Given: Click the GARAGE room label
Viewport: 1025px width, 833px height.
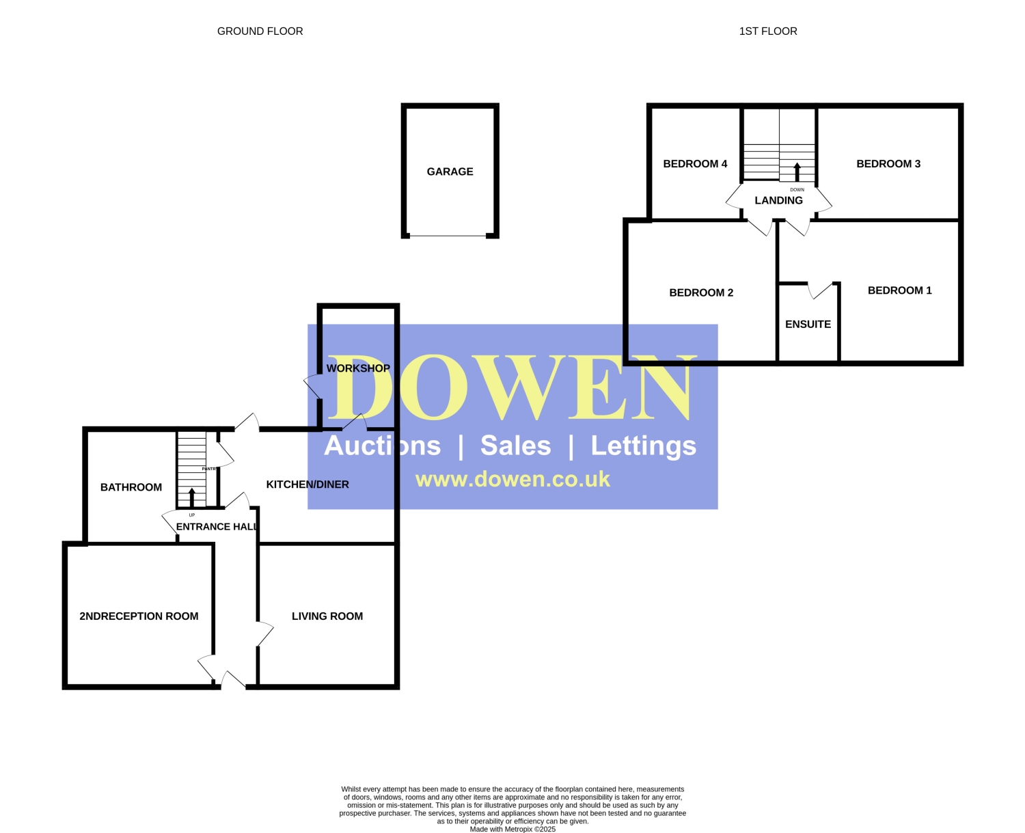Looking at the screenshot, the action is (450, 172).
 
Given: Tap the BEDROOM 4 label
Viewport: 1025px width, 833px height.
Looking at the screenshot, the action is (694, 163).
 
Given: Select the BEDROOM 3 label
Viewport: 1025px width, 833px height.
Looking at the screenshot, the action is (888, 163).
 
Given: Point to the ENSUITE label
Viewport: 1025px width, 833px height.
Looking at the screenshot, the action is (808, 324).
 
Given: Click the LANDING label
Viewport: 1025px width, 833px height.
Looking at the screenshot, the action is (778, 200).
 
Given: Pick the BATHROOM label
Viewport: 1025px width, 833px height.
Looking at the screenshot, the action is (131, 487).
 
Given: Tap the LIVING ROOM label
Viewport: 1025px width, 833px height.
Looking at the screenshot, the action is (327, 616).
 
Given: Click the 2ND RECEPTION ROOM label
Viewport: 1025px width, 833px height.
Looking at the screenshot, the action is (139, 616).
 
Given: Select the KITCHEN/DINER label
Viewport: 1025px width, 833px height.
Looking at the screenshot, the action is (307, 484).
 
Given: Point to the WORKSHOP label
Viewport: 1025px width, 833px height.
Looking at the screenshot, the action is (358, 368).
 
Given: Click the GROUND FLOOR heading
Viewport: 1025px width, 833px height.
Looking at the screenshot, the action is (260, 31).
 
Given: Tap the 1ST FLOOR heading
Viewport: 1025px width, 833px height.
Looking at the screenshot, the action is (767, 31).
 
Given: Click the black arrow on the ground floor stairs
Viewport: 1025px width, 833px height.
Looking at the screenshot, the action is (191, 497).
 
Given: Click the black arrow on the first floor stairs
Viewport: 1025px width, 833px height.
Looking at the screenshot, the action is (796, 172).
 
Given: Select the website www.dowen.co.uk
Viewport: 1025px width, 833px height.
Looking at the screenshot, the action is (512, 479).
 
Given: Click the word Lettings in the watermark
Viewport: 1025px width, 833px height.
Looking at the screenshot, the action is (643, 446).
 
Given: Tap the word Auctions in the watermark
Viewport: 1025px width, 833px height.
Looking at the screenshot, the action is (382, 445).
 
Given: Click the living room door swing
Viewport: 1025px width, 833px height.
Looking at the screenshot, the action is (264, 633).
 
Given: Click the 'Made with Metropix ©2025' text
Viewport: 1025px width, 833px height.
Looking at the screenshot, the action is (512, 829).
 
